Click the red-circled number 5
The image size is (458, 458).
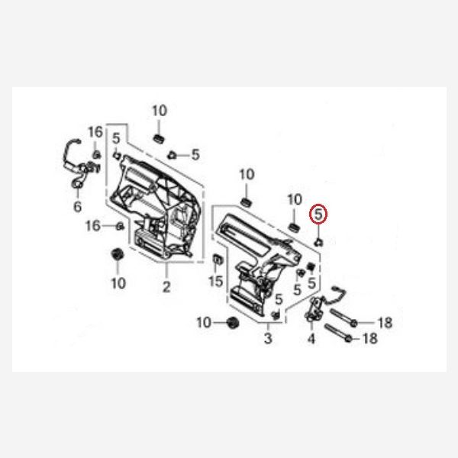click(318, 214)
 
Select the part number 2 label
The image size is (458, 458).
click(166, 287)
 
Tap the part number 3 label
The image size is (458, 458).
click(268, 338)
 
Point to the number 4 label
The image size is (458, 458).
click(311, 338)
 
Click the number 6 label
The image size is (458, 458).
click(77, 207)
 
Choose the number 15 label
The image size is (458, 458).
click(216, 281)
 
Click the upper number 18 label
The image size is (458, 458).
click(385, 323)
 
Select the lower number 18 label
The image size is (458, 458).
click(369, 338)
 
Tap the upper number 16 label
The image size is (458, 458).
click(95, 132)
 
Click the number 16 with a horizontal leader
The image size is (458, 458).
click(93, 226)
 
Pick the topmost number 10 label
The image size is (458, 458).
click(160, 111)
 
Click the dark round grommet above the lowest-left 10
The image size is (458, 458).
click(118, 254)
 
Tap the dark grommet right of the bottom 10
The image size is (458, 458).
click(233, 322)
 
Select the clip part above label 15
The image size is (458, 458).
click(218, 259)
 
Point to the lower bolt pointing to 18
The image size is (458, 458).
click(338, 333)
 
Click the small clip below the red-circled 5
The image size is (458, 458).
click(318, 242)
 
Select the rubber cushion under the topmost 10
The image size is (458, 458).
click(159, 139)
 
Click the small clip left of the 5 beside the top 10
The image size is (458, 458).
click(172, 155)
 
